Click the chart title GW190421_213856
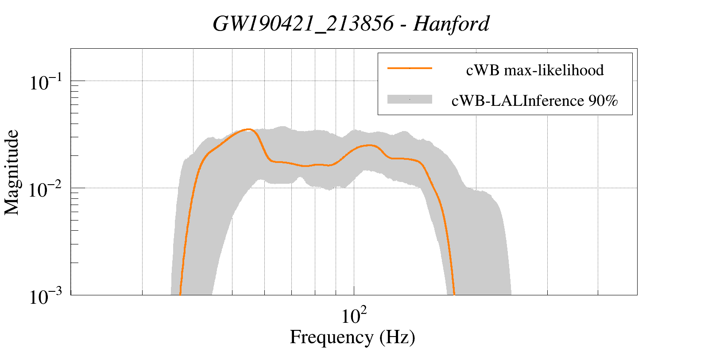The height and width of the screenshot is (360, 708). [x=303, y=24]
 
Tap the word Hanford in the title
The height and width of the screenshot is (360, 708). [x=451, y=24]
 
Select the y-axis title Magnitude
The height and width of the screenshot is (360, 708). [x=12, y=172]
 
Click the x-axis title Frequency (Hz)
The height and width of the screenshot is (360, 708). [x=352, y=337]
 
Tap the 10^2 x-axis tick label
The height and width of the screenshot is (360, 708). [x=354, y=316]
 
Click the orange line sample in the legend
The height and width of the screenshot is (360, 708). [x=409, y=69]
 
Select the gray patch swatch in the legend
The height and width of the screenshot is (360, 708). [x=409, y=100]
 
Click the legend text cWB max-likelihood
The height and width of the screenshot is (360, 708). [x=534, y=70]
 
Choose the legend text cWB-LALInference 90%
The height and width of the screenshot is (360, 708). [x=534, y=101]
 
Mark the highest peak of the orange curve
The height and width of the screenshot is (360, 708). [x=248, y=129]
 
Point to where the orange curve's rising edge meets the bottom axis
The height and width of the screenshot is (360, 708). [x=180, y=293]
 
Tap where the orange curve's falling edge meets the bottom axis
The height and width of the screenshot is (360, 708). [x=454, y=293]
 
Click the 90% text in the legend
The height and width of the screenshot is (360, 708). [x=603, y=101]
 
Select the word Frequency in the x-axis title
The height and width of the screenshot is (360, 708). [x=331, y=337]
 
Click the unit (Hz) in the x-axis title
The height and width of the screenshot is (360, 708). [x=397, y=337]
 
